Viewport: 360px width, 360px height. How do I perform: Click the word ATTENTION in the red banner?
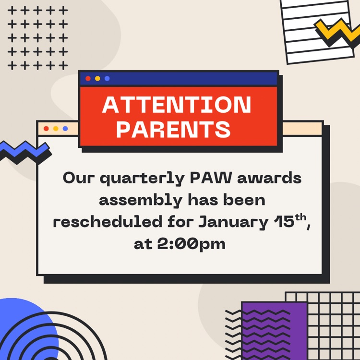pos(177,105)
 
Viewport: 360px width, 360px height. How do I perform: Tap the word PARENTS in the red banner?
pos(173,129)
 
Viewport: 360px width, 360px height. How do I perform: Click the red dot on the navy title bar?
pos(88,78)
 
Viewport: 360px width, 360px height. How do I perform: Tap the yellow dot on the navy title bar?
pos(97,78)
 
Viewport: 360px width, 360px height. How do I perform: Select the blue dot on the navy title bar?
pos(107,78)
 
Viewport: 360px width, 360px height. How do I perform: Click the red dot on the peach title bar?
pos(46,128)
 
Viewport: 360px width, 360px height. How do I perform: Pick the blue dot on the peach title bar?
pos(65,128)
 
